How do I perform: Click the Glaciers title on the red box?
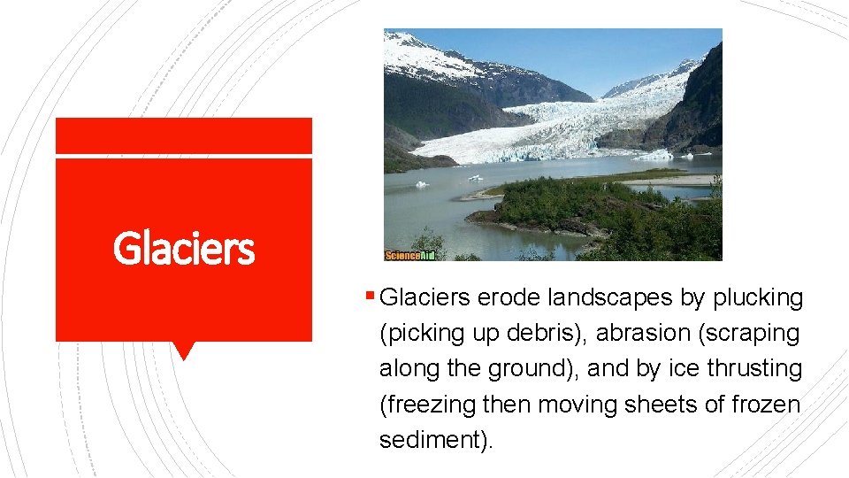[184, 249]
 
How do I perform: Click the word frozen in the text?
[766, 404]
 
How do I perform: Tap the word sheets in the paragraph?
[668, 404]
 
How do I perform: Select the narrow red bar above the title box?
[184, 136]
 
